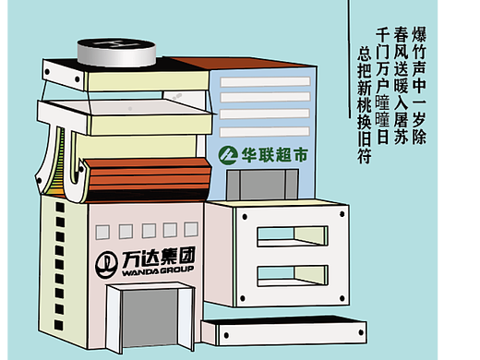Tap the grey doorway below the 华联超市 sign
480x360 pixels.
(x=262, y=185)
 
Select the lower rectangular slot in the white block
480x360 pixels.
(x=292, y=273)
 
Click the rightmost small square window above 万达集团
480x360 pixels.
(x=190, y=228)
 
